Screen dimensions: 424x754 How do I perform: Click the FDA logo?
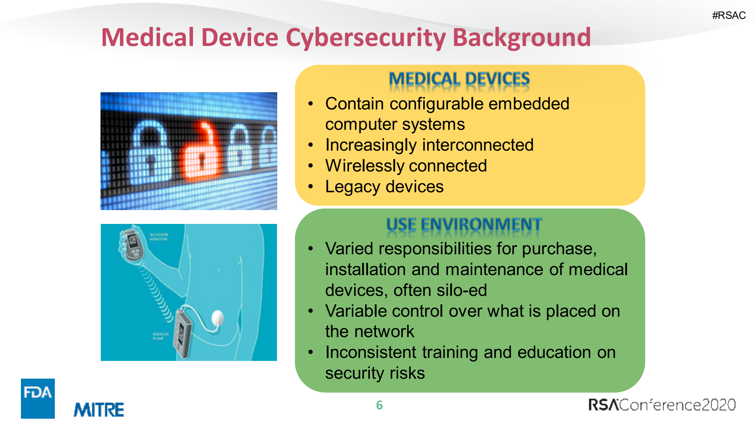(38, 398)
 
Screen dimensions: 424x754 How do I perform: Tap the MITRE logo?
(99, 410)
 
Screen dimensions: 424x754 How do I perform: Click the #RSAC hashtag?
(729, 15)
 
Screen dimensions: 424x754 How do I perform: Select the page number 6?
(379, 405)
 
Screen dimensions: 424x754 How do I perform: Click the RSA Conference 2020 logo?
(662, 405)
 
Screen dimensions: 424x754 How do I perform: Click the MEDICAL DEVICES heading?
(459, 79)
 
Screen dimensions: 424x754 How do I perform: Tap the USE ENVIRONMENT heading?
(464, 225)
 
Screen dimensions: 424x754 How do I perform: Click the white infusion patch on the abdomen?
(217, 318)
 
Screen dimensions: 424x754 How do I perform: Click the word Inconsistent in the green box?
(371, 352)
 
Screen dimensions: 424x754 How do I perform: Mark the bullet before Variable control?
(310, 311)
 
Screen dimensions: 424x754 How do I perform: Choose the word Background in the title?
(522, 38)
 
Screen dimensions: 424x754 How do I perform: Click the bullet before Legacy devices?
(310, 187)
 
